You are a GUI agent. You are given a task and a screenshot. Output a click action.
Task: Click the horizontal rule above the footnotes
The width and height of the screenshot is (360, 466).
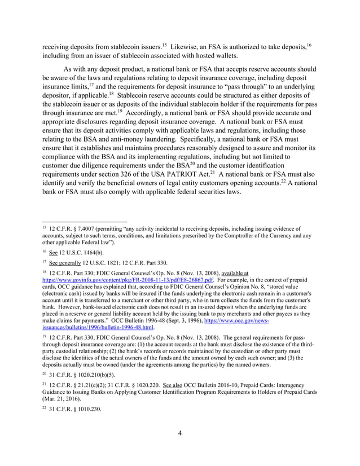[x=84, y=221]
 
